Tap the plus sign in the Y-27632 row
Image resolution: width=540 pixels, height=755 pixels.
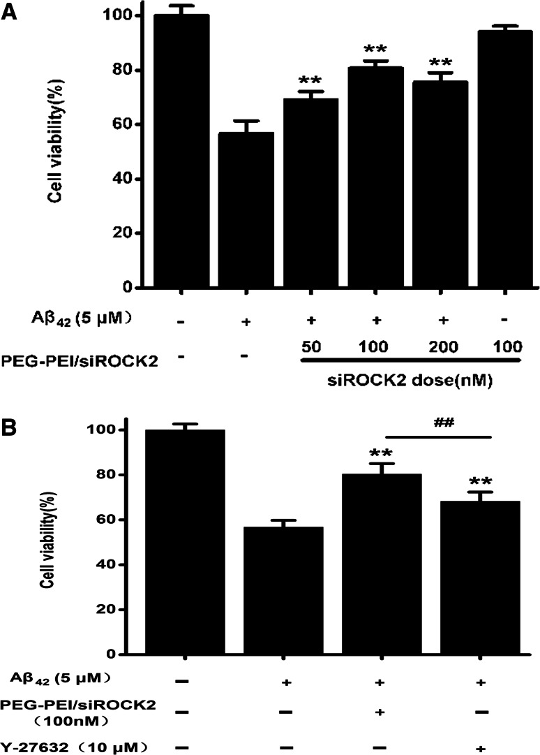point(481,747)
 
